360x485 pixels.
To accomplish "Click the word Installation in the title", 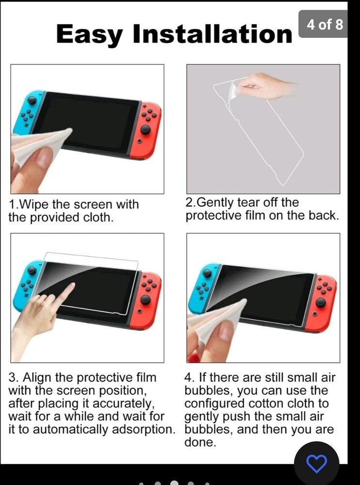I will point(212,33).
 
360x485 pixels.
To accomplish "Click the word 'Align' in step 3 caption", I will point(39,378).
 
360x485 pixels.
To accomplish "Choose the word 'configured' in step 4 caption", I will point(214,404).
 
